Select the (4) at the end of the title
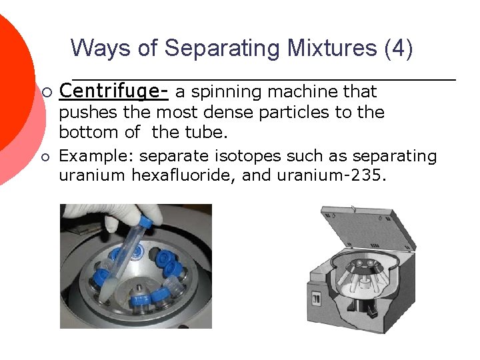pyautogui.click(x=399, y=49)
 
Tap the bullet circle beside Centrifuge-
pyautogui.click(x=46, y=91)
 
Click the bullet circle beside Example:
pyautogui.click(x=46, y=157)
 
